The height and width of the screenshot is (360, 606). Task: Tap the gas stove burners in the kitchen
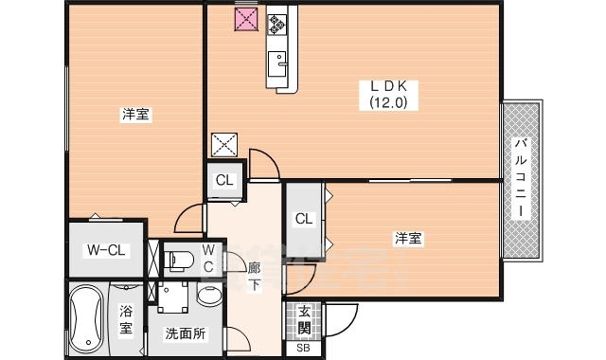click(276, 22)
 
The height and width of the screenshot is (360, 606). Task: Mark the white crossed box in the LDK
click(225, 144)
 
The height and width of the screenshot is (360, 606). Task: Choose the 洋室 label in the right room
click(408, 239)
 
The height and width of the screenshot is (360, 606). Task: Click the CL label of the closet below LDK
click(225, 180)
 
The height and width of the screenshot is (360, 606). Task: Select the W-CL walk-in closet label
click(106, 250)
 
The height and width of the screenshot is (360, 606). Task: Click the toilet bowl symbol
click(182, 259)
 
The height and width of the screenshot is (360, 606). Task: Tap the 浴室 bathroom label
click(125, 320)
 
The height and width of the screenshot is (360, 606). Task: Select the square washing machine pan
click(171, 297)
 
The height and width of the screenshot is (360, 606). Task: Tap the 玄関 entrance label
click(304, 319)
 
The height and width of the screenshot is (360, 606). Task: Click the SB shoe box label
click(303, 348)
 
